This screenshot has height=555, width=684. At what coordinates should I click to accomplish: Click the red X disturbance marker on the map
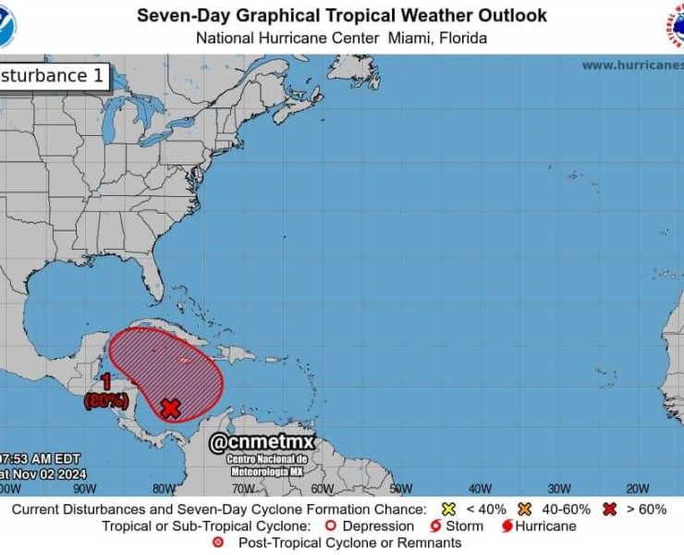[x=170, y=408]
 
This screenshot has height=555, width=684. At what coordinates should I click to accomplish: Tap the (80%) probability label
[x=106, y=401]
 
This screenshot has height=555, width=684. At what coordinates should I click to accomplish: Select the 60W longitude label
[x=322, y=488]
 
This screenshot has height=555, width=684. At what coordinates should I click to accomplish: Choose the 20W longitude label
[x=638, y=488]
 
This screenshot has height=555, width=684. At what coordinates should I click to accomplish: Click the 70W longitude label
[x=243, y=488]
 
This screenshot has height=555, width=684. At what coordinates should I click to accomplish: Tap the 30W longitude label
[x=559, y=488]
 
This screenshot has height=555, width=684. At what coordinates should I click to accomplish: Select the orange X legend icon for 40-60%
[x=523, y=510]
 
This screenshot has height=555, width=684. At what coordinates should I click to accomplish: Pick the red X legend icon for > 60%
[x=608, y=510]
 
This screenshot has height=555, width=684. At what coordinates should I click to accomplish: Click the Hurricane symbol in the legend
[x=507, y=526]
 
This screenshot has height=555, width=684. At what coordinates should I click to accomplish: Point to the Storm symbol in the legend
[x=434, y=526]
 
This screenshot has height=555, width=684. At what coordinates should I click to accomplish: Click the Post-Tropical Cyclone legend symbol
[x=219, y=543]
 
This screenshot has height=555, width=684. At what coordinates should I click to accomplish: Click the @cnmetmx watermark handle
[x=263, y=445]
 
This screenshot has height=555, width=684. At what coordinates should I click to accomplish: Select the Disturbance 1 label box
[x=54, y=76]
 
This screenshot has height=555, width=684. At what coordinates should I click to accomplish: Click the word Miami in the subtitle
[x=406, y=38]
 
